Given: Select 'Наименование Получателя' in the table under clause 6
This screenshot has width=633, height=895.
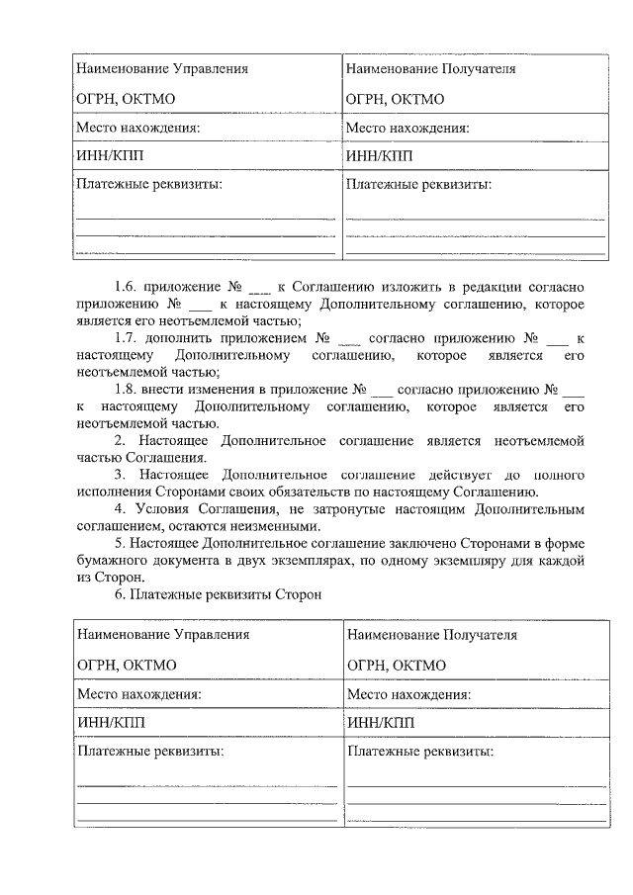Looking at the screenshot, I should [431, 635].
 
